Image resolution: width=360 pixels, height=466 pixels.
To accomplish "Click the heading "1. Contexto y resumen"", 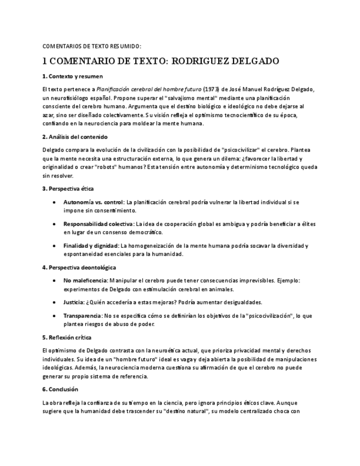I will pyautogui.click(x=73, y=76).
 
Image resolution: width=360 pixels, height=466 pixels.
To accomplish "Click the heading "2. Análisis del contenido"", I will pyautogui.click(x=75, y=137).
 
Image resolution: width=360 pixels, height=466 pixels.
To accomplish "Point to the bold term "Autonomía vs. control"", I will pyautogui.click(x=94, y=202).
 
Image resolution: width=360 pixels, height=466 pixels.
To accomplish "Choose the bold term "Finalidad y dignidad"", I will pyautogui.click(x=91, y=246).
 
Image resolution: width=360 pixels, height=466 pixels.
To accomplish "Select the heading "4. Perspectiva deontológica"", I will pyautogui.click(x=79, y=268).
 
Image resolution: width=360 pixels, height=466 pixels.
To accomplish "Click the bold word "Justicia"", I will pyautogui.click(x=74, y=302).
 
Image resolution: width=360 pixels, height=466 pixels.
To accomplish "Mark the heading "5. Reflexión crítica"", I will pyautogui.click(x=67, y=337).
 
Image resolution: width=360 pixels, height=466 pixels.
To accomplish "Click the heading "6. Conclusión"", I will pyautogui.click(x=60, y=389).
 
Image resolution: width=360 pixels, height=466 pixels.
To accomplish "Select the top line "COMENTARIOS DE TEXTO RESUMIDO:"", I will pyautogui.click(x=91, y=46).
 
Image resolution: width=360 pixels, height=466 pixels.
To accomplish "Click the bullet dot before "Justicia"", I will pyautogui.click(x=53, y=302).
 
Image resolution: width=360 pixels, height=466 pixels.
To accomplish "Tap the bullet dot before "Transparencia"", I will pyautogui.click(x=53, y=316).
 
